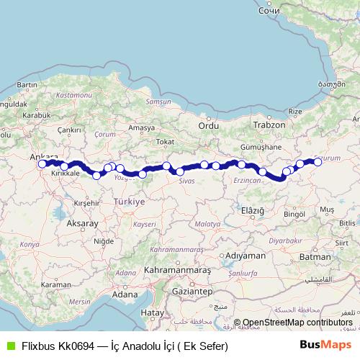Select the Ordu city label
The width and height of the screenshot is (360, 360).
coord(208,125)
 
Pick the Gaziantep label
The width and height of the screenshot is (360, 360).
coord(190,292)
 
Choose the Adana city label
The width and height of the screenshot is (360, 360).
coord(125,294)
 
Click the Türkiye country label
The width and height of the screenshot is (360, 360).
coord(131,202)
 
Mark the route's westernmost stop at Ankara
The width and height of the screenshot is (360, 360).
coord(42,163)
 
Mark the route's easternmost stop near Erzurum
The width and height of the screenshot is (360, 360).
coord(318,162)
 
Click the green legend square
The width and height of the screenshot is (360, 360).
coord(10,346)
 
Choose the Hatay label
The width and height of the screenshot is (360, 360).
coord(152,312)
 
